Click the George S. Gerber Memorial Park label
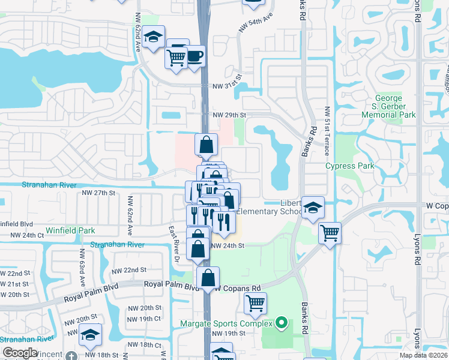point(395,106)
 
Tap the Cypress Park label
point(349,166)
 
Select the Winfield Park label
point(70,230)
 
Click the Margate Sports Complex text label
point(226,324)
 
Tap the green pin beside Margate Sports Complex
point(279,323)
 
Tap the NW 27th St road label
point(98,193)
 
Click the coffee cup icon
point(195,56)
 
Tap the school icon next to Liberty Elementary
point(313,208)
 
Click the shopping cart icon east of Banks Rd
point(330,232)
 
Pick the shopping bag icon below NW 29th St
point(206,144)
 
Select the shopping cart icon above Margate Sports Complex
point(255,304)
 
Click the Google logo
point(20,353)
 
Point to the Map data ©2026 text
point(423,355)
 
